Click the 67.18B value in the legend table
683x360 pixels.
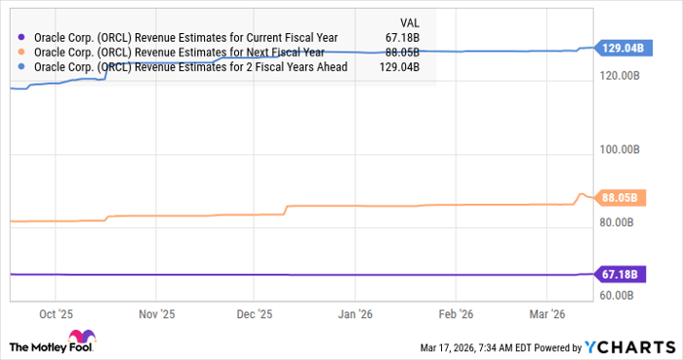coord(402,38)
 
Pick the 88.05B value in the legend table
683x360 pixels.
coord(402,53)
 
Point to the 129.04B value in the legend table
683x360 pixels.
coord(399,66)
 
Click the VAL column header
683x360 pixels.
coord(409,21)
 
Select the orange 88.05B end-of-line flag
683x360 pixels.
coord(618,197)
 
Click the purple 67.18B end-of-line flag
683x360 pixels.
coord(618,274)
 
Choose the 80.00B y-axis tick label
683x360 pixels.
coord(618,222)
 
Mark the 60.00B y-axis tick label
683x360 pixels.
coord(618,296)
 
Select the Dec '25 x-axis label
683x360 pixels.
coord(254,314)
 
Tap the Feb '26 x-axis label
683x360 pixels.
coord(455,314)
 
